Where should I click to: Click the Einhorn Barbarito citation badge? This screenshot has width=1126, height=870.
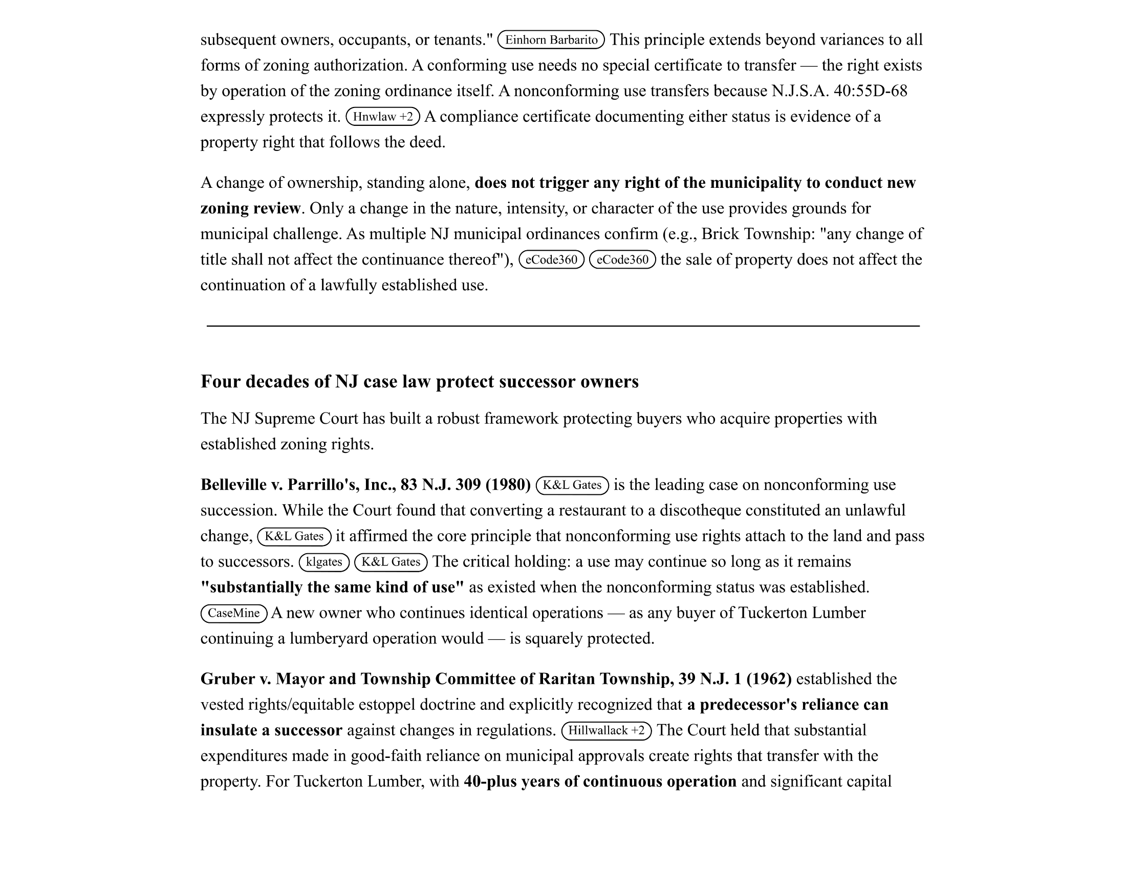[x=551, y=40]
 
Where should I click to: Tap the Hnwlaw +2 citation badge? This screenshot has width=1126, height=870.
[x=382, y=117]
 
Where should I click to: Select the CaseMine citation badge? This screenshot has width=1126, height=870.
[x=233, y=613]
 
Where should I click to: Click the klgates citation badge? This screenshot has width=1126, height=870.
[x=324, y=562]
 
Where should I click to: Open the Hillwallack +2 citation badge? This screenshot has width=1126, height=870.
[x=607, y=730]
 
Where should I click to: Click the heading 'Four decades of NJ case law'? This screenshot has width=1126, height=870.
[x=419, y=381]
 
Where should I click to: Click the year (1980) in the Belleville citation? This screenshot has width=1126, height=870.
[x=508, y=485]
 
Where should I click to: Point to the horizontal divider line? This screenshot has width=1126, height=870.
[x=563, y=325]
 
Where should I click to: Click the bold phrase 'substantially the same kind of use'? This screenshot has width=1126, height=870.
[x=332, y=587]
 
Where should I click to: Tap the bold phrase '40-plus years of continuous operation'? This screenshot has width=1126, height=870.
[x=600, y=781]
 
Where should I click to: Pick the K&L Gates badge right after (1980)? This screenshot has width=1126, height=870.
[x=572, y=485]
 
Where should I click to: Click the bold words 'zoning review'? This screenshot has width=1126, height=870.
[x=250, y=208]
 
